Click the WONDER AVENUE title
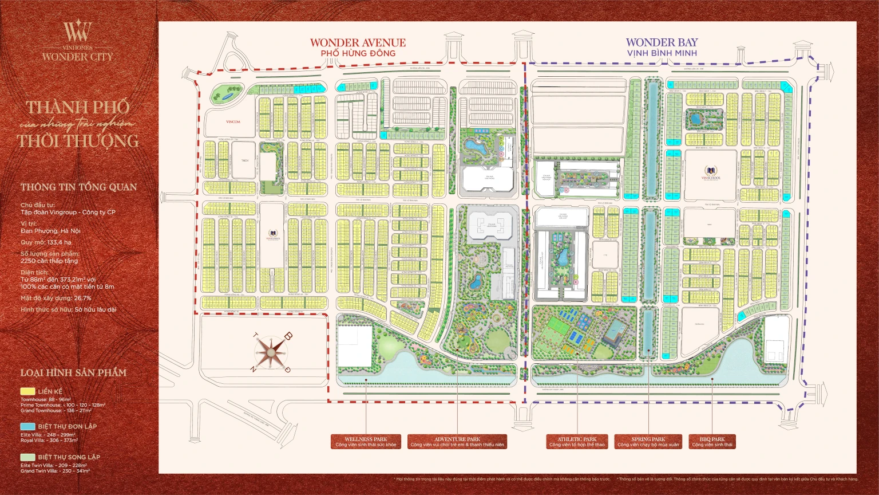(358, 42)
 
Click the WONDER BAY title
(662, 42)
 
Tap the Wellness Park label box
(366, 442)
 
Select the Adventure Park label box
(457, 442)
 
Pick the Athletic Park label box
(577, 442)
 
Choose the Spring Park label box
(648, 442)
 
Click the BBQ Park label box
(712, 442)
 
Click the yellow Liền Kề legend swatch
(27, 391)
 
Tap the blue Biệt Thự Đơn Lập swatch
(27, 426)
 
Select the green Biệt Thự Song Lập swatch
(27, 457)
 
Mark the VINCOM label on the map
(233, 122)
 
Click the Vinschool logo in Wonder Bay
(711, 172)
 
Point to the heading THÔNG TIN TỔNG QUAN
(78, 187)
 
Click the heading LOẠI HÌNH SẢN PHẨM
(73, 373)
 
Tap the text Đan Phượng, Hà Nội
(50, 231)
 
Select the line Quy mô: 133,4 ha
(46, 242)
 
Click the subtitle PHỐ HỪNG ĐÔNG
(358, 53)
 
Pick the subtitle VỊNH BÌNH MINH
(662, 53)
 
